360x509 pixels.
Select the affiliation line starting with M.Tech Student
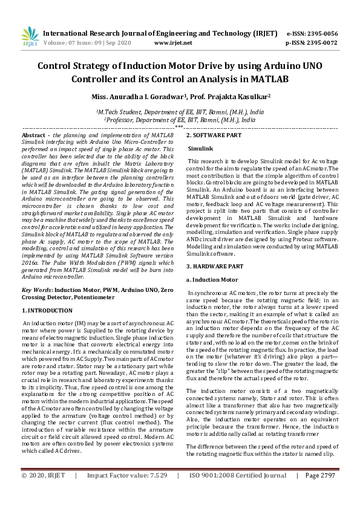coord(180,112)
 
